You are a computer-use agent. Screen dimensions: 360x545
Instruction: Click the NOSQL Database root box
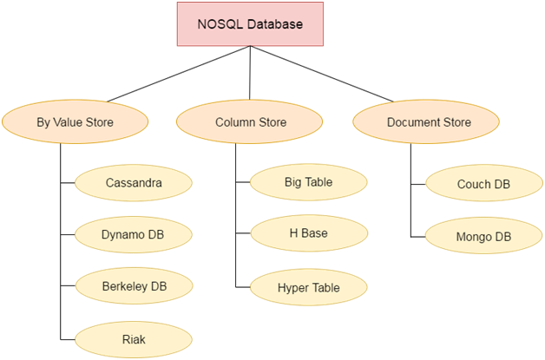pyautogui.click(x=250, y=24)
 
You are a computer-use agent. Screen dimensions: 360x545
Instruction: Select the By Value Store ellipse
pyautogui.click(x=74, y=122)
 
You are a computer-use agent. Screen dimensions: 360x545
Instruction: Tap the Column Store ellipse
pyautogui.click(x=251, y=122)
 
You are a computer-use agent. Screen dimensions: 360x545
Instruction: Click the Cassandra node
pyautogui.click(x=133, y=183)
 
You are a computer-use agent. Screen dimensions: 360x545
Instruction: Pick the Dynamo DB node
pyautogui.click(x=133, y=234)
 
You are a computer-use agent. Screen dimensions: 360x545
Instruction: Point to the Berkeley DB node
pyautogui.click(x=133, y=285)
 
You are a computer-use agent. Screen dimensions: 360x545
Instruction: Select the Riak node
pyautogui.click(x=133, y=337)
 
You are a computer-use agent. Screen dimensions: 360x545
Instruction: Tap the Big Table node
pyautogui.click(x=308, y=182)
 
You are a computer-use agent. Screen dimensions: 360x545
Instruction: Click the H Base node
pyautogui.click(x=308, y=233)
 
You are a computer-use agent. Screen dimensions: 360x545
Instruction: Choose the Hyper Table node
pyautogui.click(x=308, y=287)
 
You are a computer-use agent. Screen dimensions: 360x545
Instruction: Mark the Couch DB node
pyautogui.click(x=483, y=184)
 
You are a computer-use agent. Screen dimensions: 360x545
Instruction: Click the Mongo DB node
pyautogui.click(x=483, y=236)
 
